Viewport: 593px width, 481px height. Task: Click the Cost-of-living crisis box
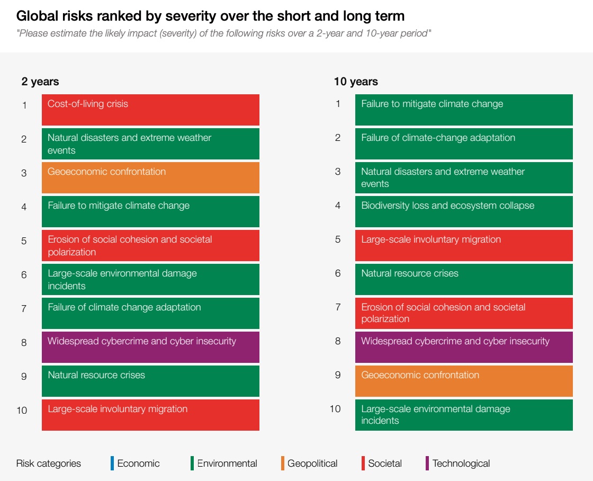150,110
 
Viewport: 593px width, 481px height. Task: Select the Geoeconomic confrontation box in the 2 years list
150,177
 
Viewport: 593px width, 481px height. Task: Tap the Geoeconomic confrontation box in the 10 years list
464,381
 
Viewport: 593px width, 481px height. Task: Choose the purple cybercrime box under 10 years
464,347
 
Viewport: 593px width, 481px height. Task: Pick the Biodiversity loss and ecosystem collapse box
464,211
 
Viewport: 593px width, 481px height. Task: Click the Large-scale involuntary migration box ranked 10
150,415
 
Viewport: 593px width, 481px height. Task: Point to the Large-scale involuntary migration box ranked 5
464,245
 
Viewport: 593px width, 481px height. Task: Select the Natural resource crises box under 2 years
150,381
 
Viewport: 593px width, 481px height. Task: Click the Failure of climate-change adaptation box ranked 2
464,144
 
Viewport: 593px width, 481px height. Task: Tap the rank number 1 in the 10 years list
338,104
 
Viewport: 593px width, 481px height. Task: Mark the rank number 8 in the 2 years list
24,343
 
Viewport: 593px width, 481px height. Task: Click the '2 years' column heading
40,82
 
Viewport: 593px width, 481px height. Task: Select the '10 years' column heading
356,82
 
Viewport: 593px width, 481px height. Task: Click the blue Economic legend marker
112,463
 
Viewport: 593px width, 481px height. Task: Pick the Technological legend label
461,463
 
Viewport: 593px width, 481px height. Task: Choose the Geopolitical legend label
312,463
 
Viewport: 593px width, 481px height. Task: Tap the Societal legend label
385,463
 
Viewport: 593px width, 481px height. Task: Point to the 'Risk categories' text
49,463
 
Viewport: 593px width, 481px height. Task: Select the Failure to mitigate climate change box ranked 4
150,211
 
